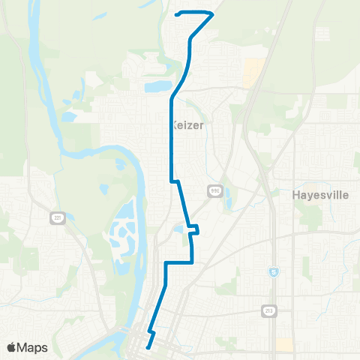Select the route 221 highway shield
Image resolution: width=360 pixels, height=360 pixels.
coord(57,217)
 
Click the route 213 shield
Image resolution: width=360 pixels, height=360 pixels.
coord(269,309)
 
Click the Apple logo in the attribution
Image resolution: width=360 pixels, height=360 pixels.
coord(10,348)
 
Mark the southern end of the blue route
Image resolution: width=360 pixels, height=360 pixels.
coord(148,346)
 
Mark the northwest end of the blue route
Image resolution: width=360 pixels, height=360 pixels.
coord(176,13)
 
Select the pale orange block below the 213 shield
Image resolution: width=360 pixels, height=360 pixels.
coord(284,344)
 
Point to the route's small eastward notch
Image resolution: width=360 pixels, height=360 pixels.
coord(196,229)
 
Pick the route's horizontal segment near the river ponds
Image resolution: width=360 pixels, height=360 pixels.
coord(179,262)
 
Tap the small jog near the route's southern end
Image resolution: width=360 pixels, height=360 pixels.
coord(151,330)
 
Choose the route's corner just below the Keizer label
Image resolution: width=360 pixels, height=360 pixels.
coord(173,181)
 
